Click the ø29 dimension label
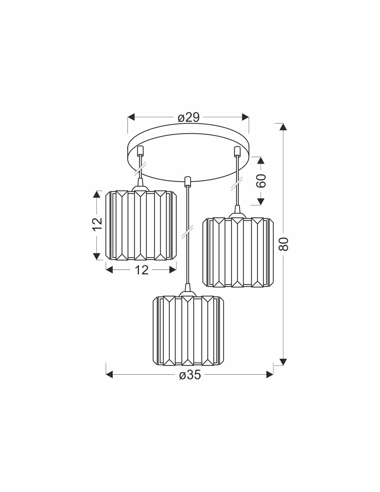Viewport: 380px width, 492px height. pyautogui.click(x=189, y=118)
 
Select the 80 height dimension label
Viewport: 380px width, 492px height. pyautogui.click(x=284, y=244)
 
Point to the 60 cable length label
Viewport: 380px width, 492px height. pyautogui.click(x=261, y=181)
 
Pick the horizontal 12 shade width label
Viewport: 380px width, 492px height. pyautogui.click(x=142, y=270)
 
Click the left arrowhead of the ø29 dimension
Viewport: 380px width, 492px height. pyautogui.click(x=131, y=117)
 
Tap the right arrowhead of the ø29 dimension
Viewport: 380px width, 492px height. pyautogui.click(x=245, y=117)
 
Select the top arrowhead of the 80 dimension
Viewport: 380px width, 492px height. pyautogui.click(x=283, y=127)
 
